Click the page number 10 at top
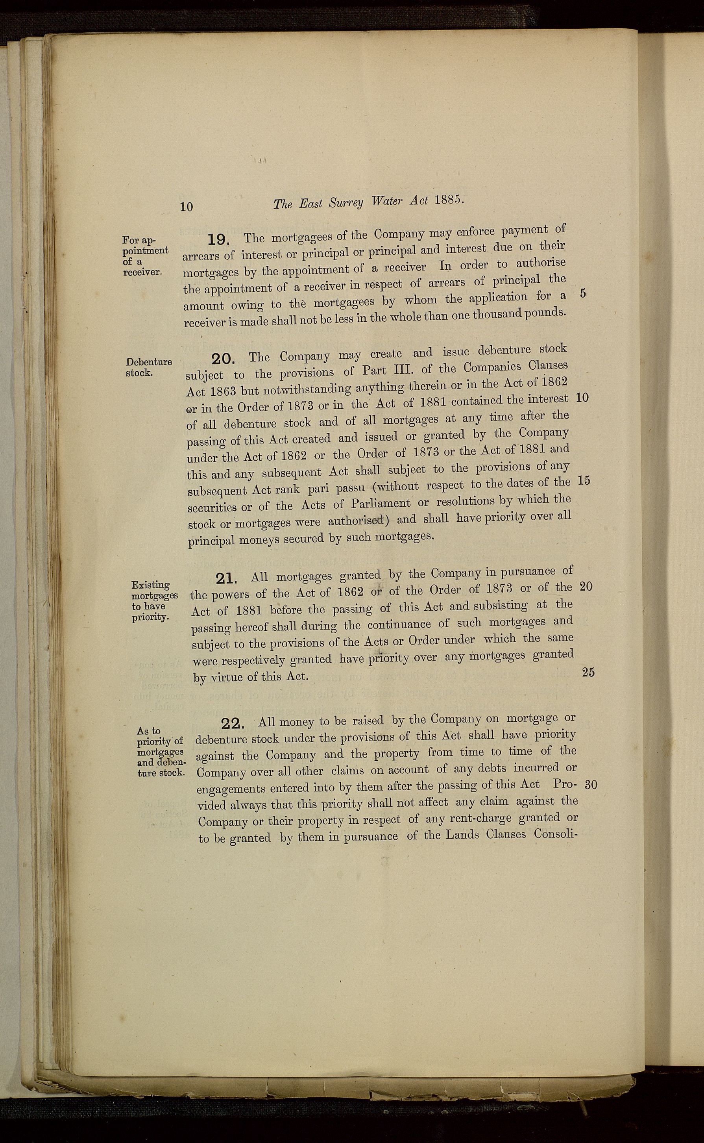coord(186,206)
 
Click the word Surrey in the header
coord(344,204)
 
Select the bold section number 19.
coord(219,239)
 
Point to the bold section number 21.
coord(227,579)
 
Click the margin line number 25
coord(588,672)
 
